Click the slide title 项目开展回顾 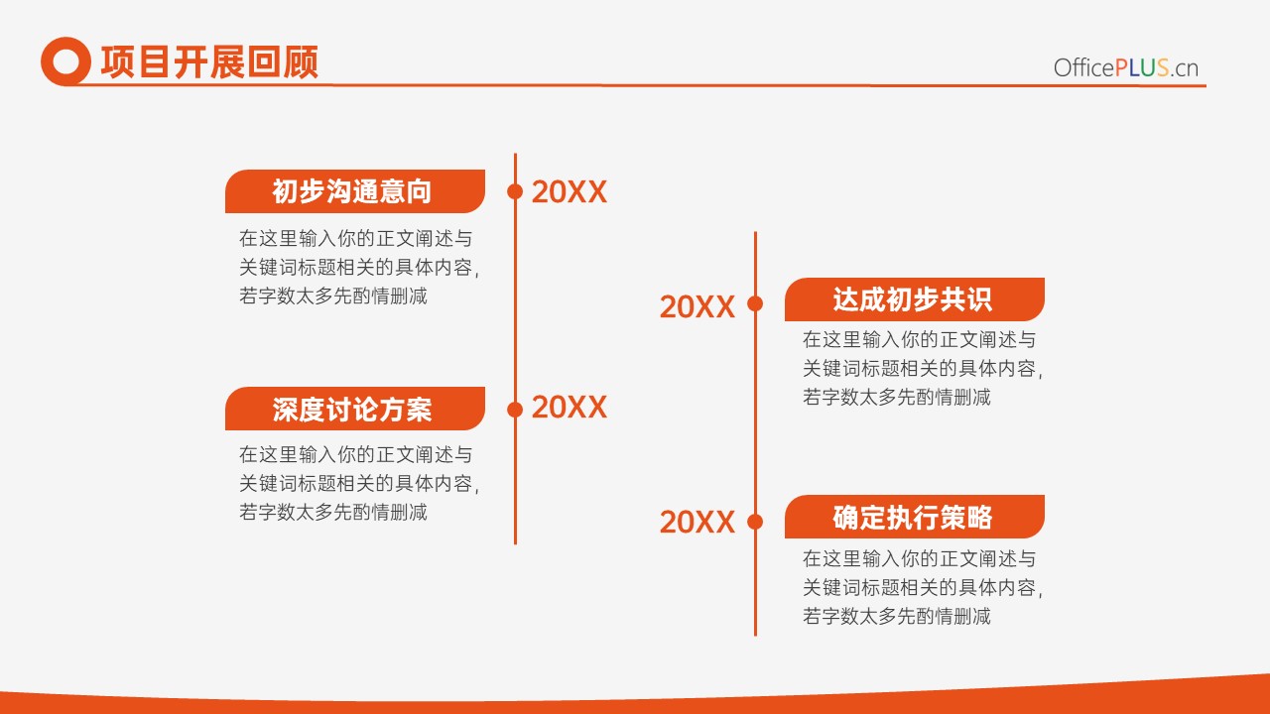point(209,61)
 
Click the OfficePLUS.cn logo point(1126,68)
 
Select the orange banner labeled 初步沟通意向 point(355,191)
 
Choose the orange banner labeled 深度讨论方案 point(355,409)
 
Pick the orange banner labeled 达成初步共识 point(915,299)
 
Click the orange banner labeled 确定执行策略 point(915,517)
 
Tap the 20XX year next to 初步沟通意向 point(570,191)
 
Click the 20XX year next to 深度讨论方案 point(570,407)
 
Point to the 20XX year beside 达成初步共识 point(698,306)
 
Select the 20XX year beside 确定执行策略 point(698,522)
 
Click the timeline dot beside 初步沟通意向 point(515,191)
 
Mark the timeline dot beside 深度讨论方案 point(515,410)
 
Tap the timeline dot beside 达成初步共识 point(755,303)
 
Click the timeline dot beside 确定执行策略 point(755,522)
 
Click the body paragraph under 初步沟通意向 point(359,267)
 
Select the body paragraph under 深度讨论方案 point(359,483)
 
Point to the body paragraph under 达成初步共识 point(923,368)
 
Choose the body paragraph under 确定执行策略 point(923,587)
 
